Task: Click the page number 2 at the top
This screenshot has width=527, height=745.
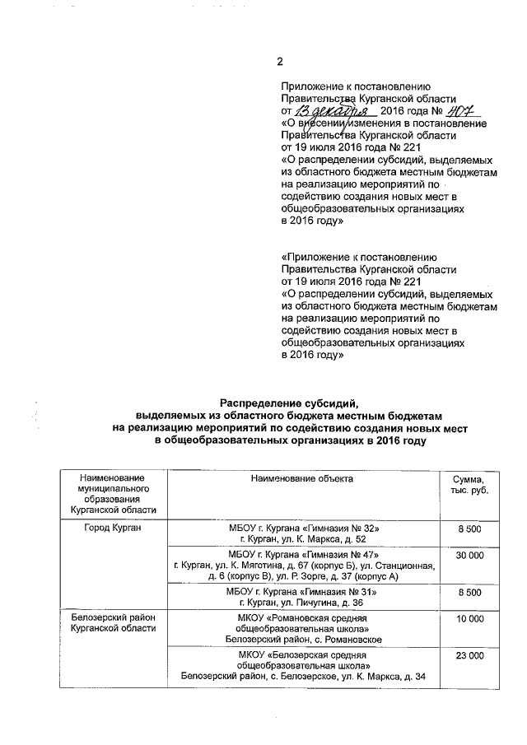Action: pos(280,62)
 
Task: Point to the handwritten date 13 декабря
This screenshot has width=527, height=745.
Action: pos(334,110)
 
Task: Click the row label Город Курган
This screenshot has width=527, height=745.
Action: pos(114,527)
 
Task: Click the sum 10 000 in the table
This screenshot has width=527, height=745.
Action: pos(469,618)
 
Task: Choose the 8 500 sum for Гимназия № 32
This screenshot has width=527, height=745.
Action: pos(469,527)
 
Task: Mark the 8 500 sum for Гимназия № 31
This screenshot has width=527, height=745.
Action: pos(469,592)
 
